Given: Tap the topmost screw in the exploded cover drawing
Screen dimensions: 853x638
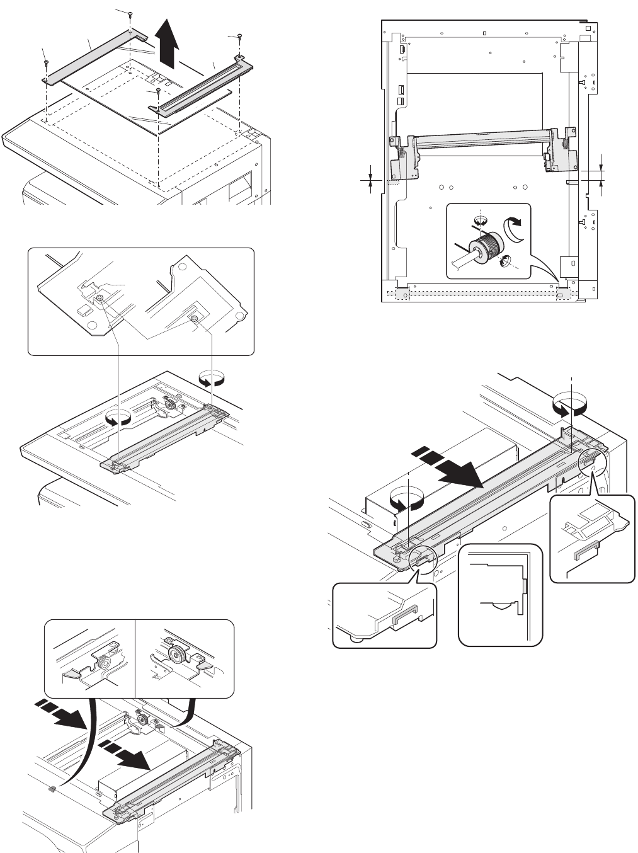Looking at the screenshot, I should tap(129, 14).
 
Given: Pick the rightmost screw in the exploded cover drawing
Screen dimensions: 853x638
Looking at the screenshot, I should tap(240, 37).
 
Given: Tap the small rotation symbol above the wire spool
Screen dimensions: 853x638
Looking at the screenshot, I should tap(481, 220).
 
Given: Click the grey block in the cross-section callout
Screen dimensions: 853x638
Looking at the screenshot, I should tap(524, 587).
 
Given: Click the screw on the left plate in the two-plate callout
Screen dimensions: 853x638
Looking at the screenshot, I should tap(99, 297).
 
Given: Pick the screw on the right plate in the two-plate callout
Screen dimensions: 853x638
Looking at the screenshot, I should tap(195, 320).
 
